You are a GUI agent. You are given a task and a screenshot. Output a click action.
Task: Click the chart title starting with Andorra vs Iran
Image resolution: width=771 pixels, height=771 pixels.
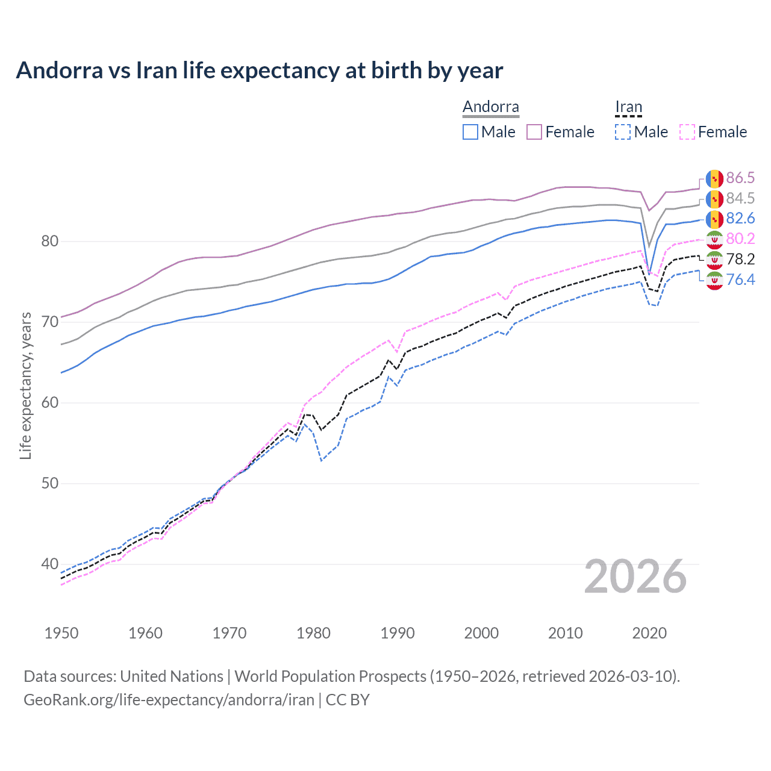coord(259,70)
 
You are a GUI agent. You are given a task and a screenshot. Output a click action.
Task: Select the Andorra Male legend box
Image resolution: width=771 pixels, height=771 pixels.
coord(470,132)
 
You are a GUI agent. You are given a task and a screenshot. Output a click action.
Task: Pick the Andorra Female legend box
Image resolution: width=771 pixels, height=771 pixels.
coord(534,132)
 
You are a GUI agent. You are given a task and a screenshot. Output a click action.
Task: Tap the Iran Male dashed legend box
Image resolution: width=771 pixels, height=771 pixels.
coord(623,132)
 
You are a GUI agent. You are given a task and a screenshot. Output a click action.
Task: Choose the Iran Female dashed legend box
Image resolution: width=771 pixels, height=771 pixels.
coord(687,132)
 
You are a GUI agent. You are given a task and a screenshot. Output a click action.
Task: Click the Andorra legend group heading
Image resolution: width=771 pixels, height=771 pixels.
coord(490,107)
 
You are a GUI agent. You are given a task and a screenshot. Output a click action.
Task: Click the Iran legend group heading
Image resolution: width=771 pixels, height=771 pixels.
coord(628,107)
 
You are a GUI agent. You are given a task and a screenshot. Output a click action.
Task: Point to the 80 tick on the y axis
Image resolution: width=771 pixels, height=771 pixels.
coord(50,242)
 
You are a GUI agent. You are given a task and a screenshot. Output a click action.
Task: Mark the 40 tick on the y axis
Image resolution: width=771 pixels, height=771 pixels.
coord(50,564)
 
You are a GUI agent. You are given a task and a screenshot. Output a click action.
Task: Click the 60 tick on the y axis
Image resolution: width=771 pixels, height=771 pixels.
coord(50,403)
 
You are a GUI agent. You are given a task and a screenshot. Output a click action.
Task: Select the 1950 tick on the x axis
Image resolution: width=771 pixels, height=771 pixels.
coord(61,633)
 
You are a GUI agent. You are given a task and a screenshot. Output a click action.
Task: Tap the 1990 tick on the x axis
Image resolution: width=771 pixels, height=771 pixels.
coord(398,633)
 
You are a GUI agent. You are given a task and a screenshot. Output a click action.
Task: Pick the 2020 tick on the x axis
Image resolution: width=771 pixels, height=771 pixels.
coord(649,633)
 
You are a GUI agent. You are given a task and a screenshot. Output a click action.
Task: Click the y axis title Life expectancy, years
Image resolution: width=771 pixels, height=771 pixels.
coord(26,386)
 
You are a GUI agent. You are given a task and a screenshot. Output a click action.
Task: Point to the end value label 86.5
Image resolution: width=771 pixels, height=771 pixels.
coord(740,178)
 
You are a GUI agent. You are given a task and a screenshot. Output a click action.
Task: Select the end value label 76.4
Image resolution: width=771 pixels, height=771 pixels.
coord(740,279)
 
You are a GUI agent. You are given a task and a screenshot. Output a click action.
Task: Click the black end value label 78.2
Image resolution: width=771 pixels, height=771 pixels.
coord(740,259)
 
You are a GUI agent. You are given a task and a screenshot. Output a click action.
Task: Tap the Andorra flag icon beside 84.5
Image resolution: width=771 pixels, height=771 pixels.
coord(714,199)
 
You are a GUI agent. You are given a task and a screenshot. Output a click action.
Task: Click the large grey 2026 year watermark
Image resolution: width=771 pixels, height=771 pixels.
coord(635,576)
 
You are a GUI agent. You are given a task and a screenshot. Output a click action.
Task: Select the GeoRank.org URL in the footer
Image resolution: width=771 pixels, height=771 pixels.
coord(169,700)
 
